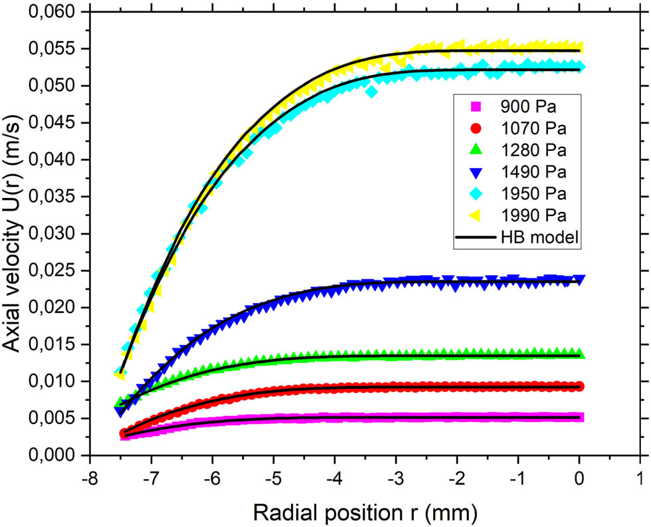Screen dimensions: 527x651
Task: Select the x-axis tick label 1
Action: click(640, 476)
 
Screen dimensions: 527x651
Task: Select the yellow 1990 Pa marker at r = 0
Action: click(579, 47)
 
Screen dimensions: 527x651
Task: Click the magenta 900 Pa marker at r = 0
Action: click(579, 417)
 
